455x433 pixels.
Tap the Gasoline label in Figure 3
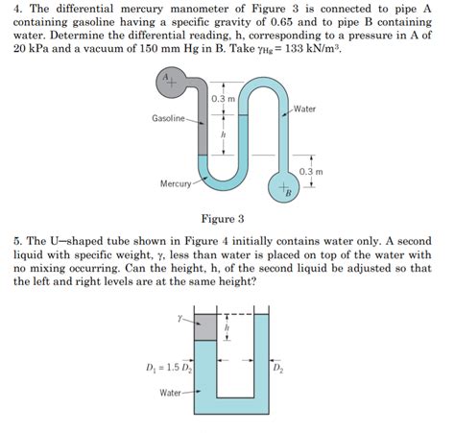[x=169, y=118]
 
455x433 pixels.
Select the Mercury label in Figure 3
[x=176, y=181]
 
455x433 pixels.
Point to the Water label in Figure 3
[x=306, y=108]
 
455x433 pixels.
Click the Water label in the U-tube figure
[x=172, y=392]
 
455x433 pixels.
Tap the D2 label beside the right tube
[x=277, y=366]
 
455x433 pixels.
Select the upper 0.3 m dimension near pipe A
[x=223, y=100]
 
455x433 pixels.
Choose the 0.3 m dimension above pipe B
[x=311, y=171]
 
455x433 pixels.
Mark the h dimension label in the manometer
[x=223, y=136]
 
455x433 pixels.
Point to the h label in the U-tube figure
[x=227, y=326]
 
